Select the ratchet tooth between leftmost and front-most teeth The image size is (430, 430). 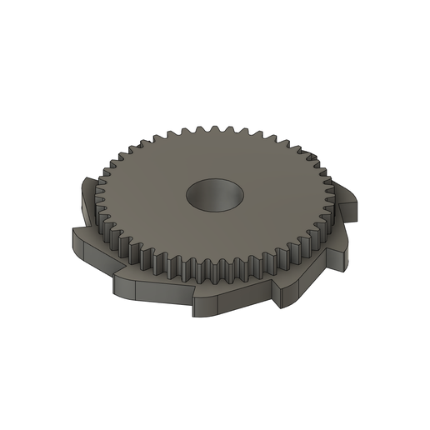pyautogui.click(x=125, y=283)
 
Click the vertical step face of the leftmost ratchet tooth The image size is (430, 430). pyautogui.click(x=75, y=245)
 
